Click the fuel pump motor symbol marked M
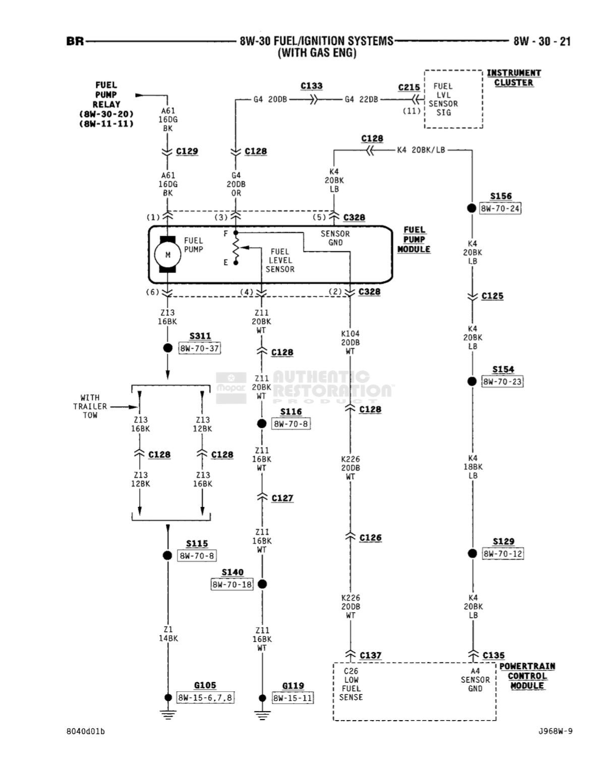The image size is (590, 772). coord(168,254)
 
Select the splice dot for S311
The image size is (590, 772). coord(168,348)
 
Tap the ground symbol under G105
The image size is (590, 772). coord(168,714)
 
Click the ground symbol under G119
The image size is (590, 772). coord(262,714)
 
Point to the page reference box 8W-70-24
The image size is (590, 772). coord(500,208)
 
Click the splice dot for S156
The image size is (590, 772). coord(472,208)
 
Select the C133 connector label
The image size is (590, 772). coord(312,86)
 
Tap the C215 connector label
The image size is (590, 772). coord(409,88)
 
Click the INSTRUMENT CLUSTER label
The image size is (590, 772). coord(513,78)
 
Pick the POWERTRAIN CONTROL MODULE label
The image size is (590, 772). coord(527,676)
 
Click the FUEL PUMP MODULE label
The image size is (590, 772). coord(414,239)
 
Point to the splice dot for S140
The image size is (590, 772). coord(262,584)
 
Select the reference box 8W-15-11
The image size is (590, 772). coord(292,698)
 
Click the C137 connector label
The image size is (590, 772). coord(370,655)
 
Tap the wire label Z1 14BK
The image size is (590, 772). coord(168,634)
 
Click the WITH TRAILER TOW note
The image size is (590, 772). coord(90,406)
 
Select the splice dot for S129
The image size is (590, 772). coord(472,553)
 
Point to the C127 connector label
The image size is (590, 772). coord(282,498)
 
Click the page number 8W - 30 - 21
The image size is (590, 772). coord(542,41)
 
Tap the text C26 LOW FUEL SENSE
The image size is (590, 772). coord(351,684)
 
